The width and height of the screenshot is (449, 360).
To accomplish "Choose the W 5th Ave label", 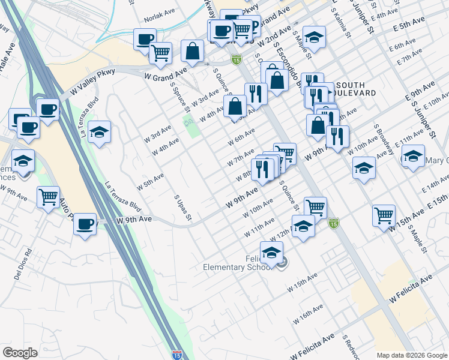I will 150,179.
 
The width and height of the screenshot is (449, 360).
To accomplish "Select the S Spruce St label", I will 179,98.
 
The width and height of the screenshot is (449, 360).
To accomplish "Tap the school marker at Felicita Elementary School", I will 271,252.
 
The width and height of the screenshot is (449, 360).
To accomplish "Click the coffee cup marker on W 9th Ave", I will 85,224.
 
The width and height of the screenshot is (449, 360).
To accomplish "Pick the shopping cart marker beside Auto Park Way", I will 47,197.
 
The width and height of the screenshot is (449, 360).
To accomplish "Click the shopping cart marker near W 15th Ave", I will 384,215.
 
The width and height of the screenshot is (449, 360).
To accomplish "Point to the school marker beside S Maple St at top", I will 314,37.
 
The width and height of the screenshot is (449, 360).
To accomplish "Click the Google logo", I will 20,353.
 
